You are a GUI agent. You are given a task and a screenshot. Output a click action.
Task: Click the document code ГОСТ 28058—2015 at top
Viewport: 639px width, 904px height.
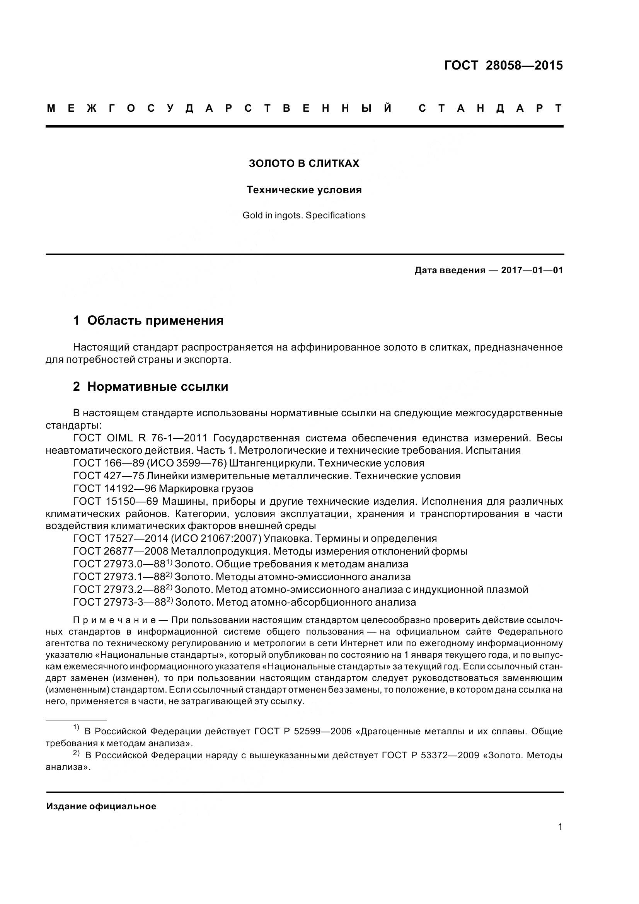[503, 65]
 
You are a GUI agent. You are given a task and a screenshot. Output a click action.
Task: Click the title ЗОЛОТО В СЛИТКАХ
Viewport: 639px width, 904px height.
[304, 163]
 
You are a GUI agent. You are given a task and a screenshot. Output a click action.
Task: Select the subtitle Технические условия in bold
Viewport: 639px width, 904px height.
[304, 190]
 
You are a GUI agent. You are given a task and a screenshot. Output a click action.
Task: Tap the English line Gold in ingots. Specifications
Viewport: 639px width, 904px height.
[304, 215]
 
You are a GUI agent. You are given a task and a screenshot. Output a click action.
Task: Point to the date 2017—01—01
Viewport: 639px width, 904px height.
[532, 270]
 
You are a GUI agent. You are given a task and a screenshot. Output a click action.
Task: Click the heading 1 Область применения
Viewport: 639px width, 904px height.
[148, 320]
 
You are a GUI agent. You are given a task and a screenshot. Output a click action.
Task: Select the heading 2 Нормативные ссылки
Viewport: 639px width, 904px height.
[151, 386]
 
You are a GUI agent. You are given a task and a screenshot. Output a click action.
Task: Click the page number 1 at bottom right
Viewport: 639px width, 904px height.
[560, 826]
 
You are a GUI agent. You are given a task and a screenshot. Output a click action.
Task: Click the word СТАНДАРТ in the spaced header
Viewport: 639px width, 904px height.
[491, 108]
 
